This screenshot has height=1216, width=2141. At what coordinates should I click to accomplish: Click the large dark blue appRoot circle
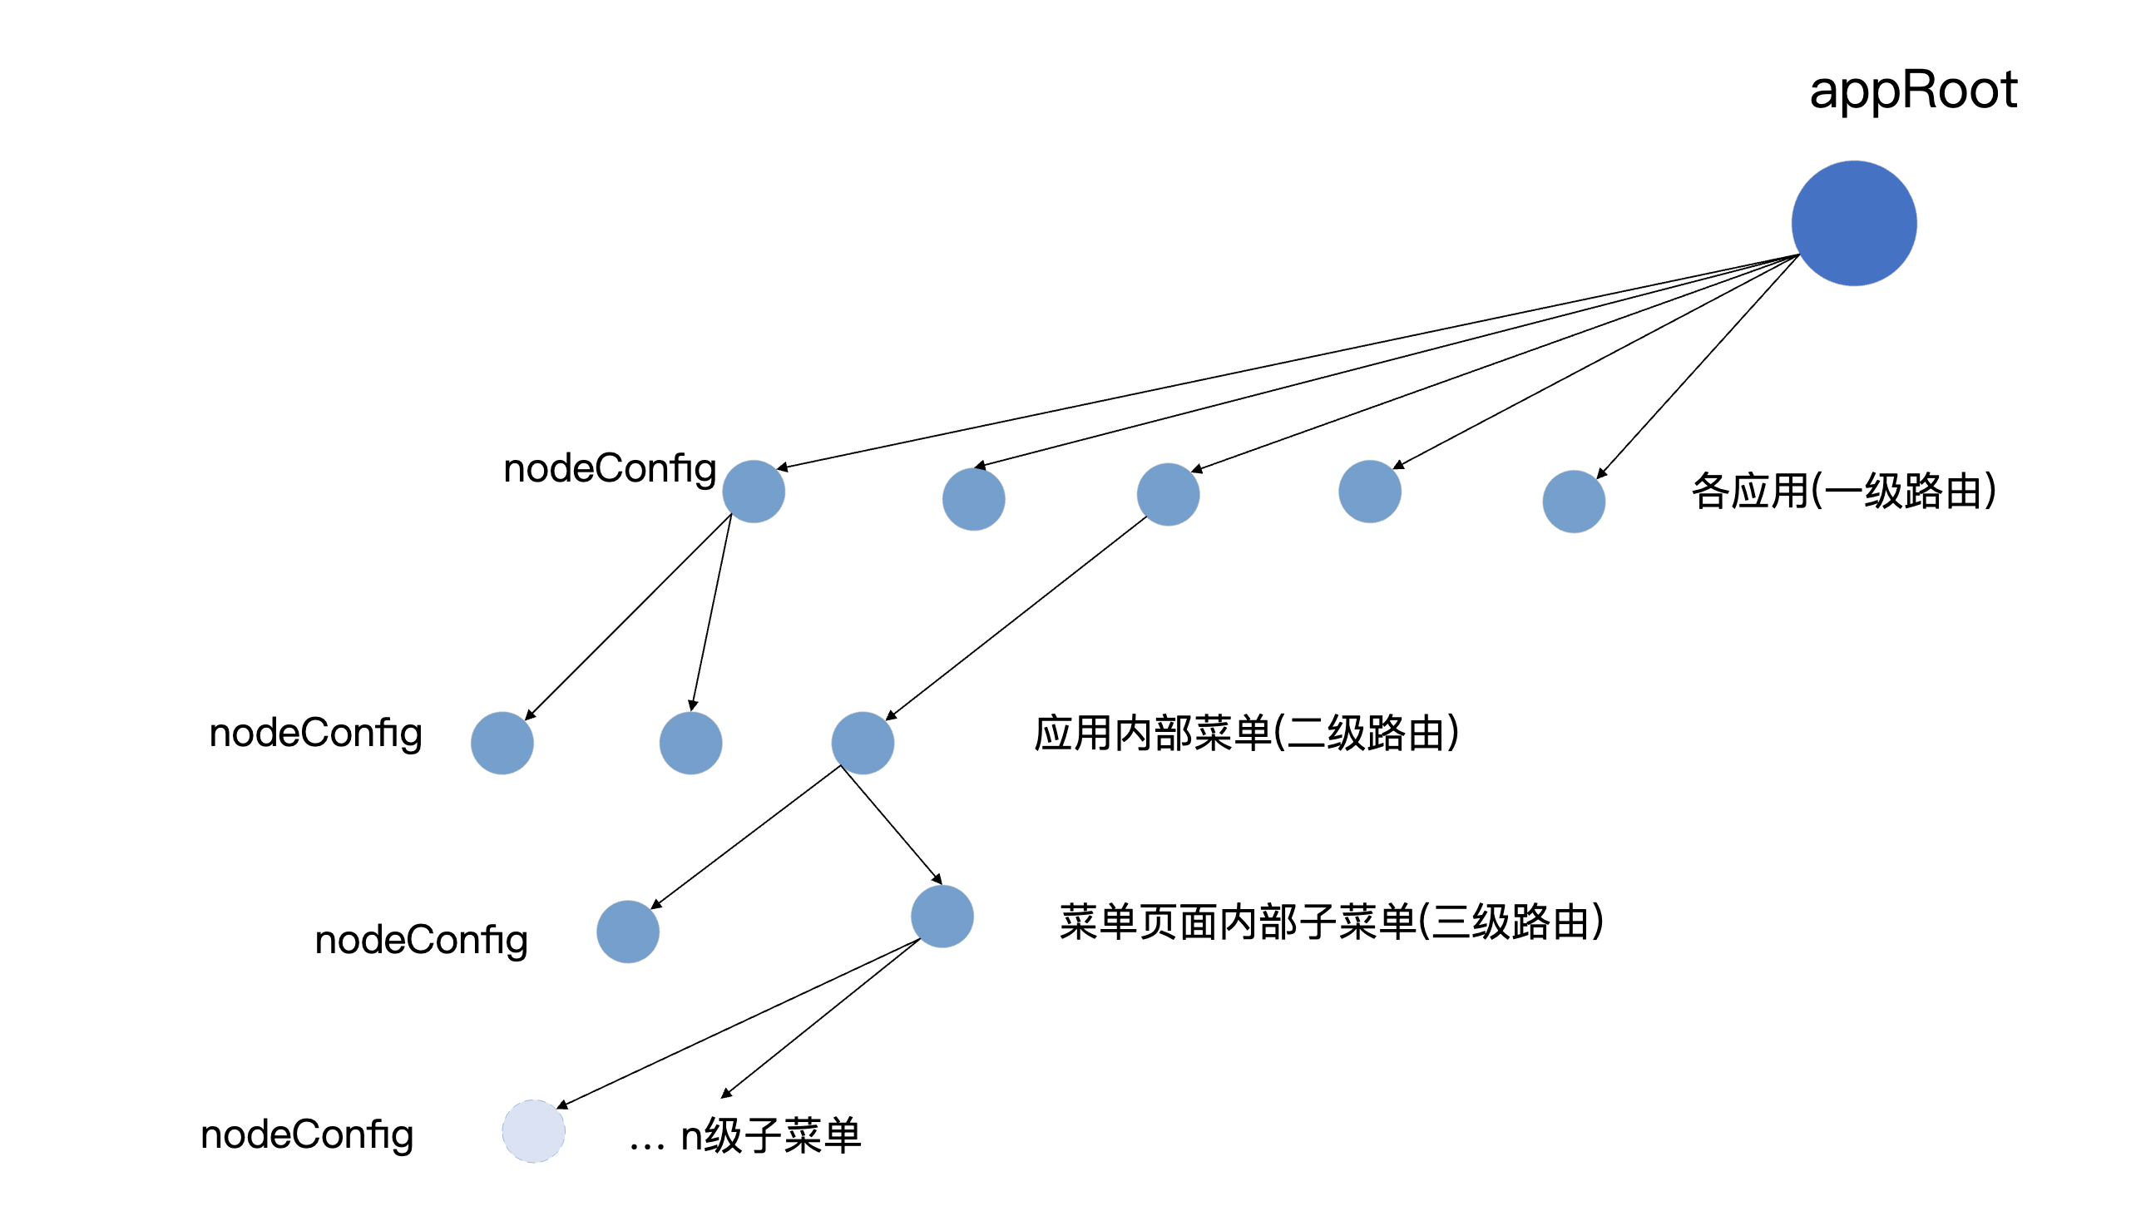1853,223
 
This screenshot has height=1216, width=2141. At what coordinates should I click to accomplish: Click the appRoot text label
1912,89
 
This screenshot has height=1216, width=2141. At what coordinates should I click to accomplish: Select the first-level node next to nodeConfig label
754,491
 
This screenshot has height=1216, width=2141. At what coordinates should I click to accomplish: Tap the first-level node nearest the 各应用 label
1573,501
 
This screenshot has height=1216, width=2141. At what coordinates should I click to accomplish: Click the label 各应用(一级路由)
1844,490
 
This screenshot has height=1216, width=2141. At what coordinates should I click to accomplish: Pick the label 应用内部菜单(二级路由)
1246,734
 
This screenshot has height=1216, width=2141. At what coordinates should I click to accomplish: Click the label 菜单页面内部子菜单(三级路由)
1331,922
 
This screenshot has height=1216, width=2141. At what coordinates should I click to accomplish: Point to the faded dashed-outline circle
533,1131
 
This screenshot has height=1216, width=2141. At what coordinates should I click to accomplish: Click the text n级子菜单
770,1136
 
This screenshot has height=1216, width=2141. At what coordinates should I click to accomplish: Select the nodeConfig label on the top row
610,468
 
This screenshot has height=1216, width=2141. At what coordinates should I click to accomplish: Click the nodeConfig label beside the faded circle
306,1135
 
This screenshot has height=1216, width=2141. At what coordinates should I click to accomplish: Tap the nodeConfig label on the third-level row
421,941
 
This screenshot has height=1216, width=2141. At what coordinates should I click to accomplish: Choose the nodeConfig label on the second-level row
315,734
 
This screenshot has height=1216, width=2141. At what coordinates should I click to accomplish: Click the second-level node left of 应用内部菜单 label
863,743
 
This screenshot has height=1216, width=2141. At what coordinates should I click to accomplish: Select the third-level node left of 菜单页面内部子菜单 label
942,917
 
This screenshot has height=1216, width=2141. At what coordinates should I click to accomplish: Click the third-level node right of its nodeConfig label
628,932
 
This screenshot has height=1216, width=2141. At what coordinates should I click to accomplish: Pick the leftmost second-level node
502,743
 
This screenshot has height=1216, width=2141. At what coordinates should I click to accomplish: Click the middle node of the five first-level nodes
1168,494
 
